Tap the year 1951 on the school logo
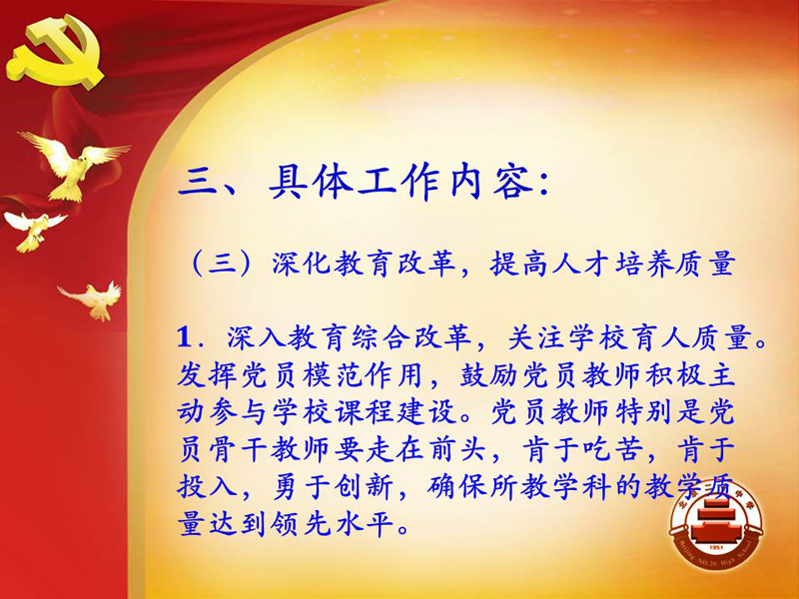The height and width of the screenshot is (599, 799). tap(716, 547)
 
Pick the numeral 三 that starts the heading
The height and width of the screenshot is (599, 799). tap(199, 182)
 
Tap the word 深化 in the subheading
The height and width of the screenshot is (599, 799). tap(302, 264)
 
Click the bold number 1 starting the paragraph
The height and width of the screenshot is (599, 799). tap(185, 337)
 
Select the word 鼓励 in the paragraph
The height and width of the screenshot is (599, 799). tap(486, 375)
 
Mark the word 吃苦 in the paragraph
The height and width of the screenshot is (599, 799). tap(613, 449)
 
